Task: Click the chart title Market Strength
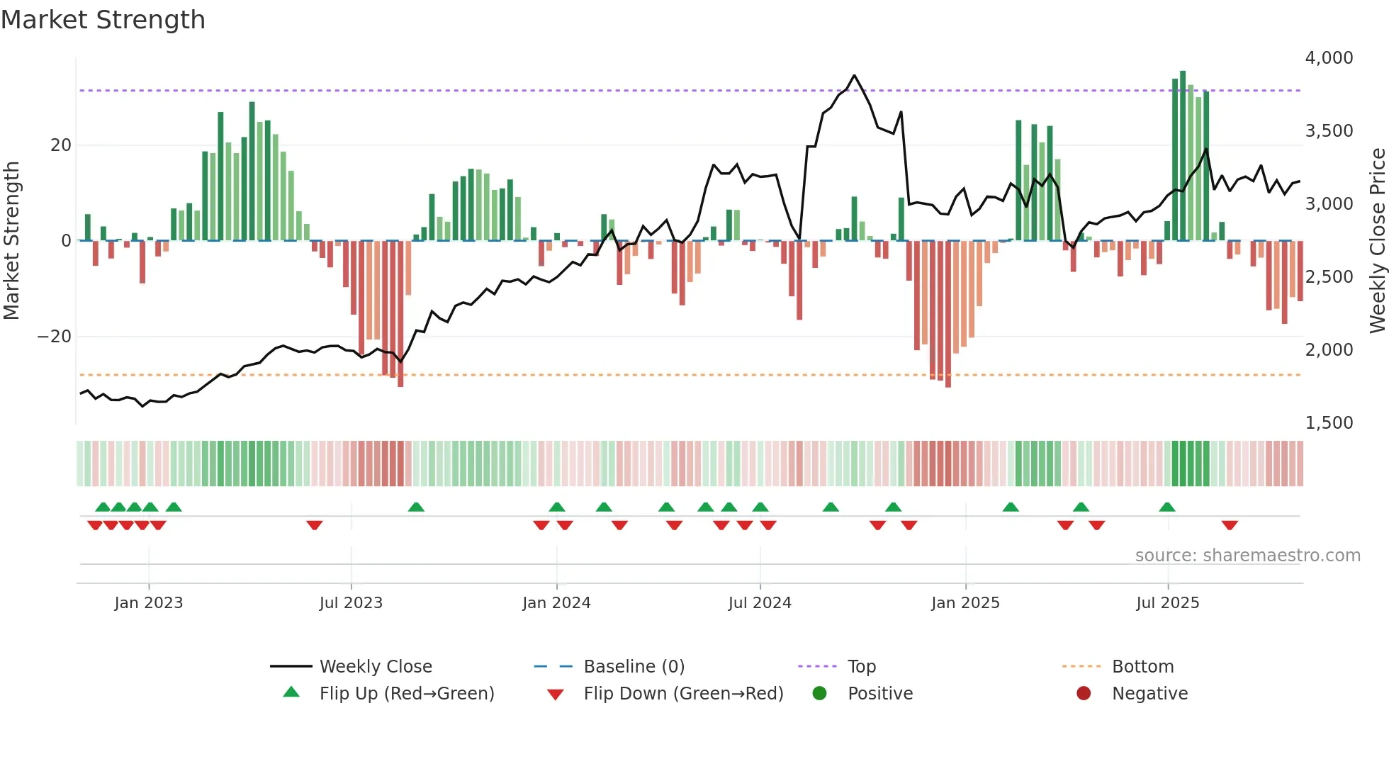[x=103, y=20]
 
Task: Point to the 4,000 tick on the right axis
[x=1329, y=58]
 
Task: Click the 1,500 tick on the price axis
[x=1329, y=423]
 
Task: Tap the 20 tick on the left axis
[x=61, y=145]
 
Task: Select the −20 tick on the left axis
[x=55, y=337]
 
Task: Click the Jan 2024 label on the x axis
[x=556, y=603]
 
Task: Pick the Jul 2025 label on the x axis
[x=1167, y=603]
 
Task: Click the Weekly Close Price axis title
[x=1377, y=241]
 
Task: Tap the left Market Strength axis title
[x=12, y=241]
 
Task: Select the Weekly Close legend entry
[x=376, y=667]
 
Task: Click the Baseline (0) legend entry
[x=634, y=667]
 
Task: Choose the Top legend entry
[x=861, y=667]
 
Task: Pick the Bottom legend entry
[x=1142, y=667]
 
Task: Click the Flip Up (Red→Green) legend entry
[x=406, y=694]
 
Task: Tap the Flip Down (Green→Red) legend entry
[x=683, y=694]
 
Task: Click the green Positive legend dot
[x=820, y=694]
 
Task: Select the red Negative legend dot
[x=1084, y=694]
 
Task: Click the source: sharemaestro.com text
[x=1247, y=556]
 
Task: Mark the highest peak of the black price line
[x=854, y=75]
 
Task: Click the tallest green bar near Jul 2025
[x=1183, y=156]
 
